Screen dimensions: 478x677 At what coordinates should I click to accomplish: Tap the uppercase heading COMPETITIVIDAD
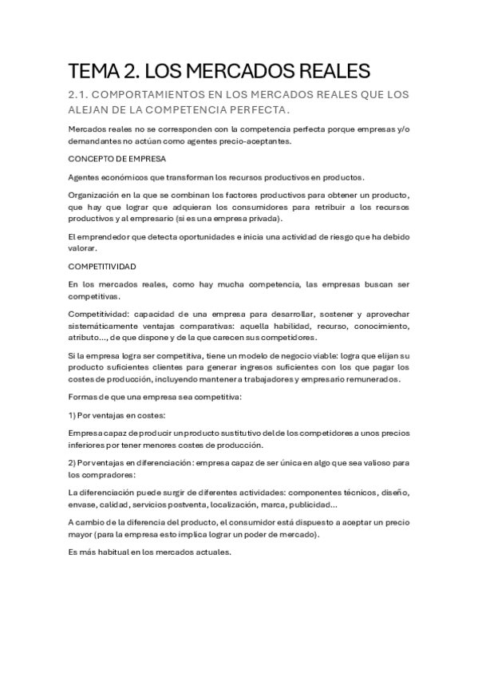[102, 266]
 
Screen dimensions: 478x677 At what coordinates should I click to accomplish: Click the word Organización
[94, 196]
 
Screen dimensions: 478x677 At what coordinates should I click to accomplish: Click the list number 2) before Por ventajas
[73, 464]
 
